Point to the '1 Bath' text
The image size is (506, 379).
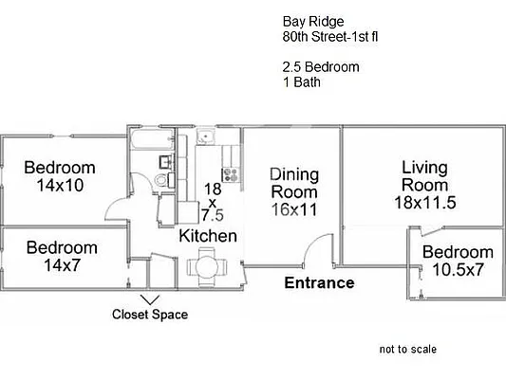point(302,83)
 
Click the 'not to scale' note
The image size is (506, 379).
point(407,350)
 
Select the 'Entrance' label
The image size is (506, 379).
point(320,283)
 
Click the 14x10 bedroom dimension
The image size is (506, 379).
point(60,186)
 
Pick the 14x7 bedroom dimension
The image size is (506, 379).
point(62,265)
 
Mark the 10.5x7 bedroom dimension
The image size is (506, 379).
point(458,270)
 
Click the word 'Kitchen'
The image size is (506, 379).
point(208,235)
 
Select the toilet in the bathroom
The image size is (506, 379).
point(162,179)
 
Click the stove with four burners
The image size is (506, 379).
point(230,173)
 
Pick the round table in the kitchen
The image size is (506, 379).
point(207,266)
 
